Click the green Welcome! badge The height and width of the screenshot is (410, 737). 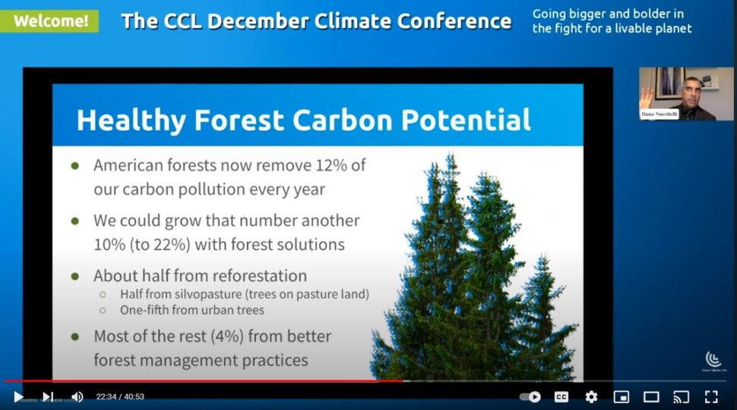pyautogui.click(x=49, y=20)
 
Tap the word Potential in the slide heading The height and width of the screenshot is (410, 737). pyautogui.click(x=466, y=121)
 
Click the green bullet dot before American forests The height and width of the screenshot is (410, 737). pyautogui.click(x=74, y=166)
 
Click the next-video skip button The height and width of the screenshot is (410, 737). pyautogui.click(x=47, y=396)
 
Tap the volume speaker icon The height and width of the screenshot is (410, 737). pyautogui.click(x=77, y=396)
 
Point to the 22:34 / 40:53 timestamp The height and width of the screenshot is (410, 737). pyautogui.click(x=120, y=396)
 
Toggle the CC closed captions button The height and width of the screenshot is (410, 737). pyautogui.click(x=561, y=396)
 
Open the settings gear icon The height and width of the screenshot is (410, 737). pyautogui.click(x=591, y=396)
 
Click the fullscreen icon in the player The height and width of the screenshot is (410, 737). pyautogui.click(x=711, y=396)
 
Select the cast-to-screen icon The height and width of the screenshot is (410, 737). pyautogui.click(x=682, y=396)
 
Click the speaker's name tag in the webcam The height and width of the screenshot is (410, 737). pyautogui.click(x=659, y=114)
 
